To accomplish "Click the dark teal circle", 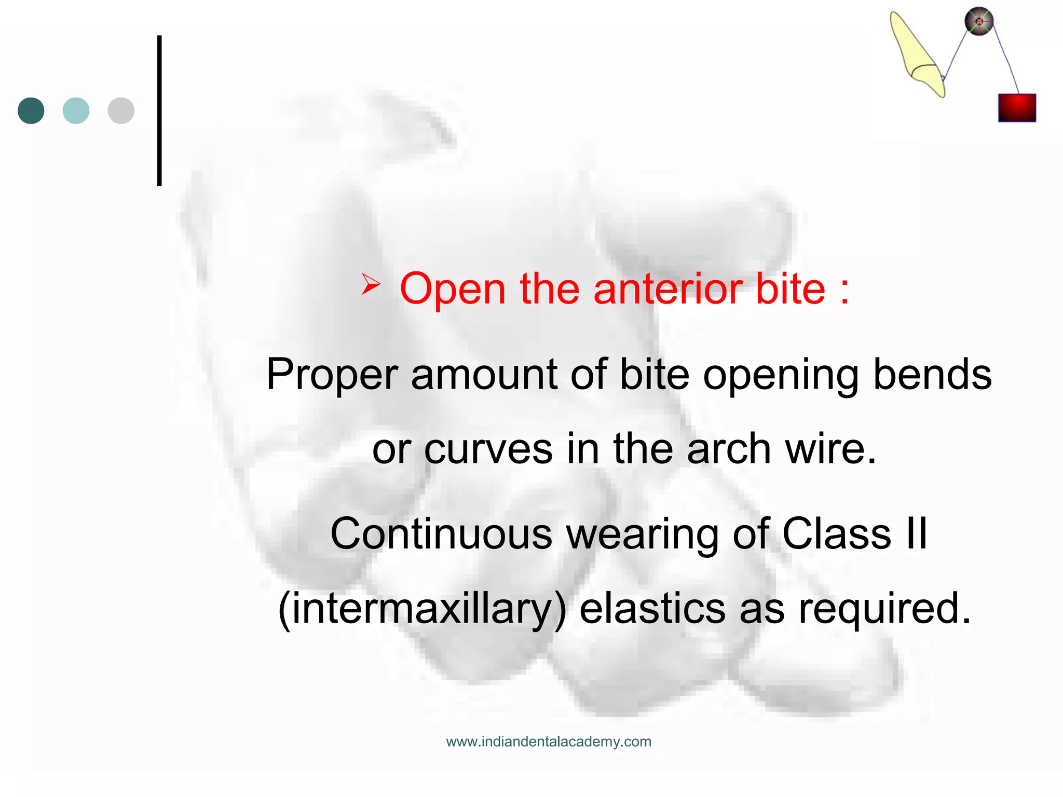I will (x=31, y=111).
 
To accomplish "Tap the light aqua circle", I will (x=76, y=111).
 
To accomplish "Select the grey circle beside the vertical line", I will (x=121, y=111).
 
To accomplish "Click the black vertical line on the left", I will (x=159, y=111).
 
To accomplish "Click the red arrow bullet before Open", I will (x=371, y=285).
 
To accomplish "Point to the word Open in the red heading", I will (x=452, y=290).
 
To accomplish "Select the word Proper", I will (x=332, y=375).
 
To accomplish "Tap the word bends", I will (x=932, y=374).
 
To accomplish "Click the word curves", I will (x=488, y=449).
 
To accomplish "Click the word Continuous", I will (x=441, y=534).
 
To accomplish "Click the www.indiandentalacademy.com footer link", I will (x=549, y=741).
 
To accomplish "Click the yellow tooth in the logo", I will (x=916, y=54).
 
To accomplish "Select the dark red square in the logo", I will (x=1017, y=108).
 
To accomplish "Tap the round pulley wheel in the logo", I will (x=979, y=22).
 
